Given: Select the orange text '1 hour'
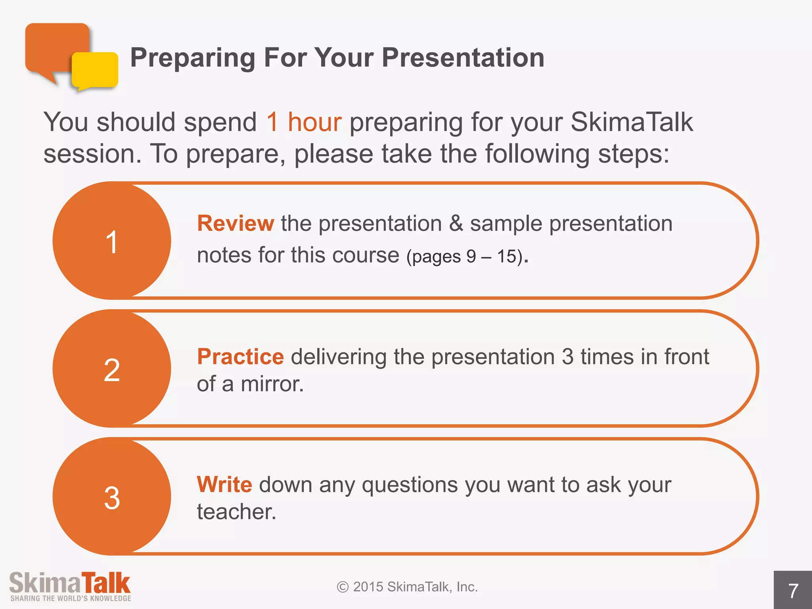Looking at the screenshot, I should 304,122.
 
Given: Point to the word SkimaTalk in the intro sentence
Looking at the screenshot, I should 632,122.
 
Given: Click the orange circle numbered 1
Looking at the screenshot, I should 112,241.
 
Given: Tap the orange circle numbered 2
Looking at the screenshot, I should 112,369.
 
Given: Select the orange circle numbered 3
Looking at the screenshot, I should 112,497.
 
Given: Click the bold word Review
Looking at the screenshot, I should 236,223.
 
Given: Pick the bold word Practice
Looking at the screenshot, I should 240,356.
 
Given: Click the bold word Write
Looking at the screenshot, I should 224,485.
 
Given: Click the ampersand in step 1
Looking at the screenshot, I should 456,224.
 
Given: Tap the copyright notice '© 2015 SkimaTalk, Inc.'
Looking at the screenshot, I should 407,587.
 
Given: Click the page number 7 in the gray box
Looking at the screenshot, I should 793,591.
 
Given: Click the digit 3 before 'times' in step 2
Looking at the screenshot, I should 568,357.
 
